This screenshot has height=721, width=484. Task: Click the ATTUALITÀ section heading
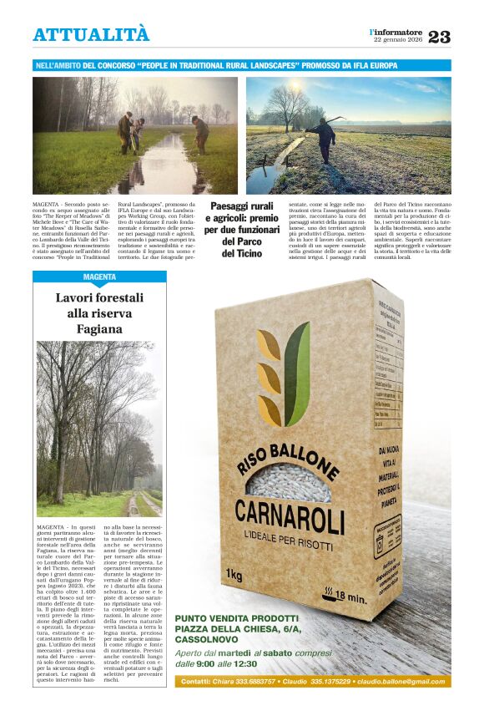pyautogui.click(x=91, y=34)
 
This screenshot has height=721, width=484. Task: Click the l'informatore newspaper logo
pyautogui.click(x=396, y=32)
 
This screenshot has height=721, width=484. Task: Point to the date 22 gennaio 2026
pyautogui.click(x=398, y=40)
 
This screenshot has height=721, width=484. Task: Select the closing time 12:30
pyautogui.click(x=246, y=663)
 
